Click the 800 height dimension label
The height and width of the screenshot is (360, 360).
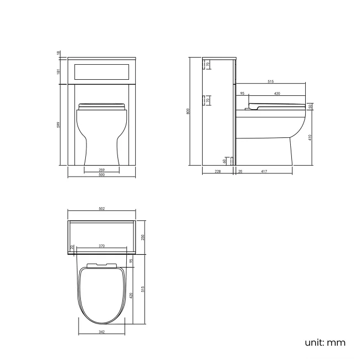pyautogui.click(x=188, y=111)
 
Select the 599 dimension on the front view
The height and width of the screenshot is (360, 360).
pyautogui.click(x=58, y=125)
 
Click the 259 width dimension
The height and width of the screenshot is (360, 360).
pyautogui.click(x=102, y=170)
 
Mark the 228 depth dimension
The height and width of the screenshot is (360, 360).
pyautogui.click(x=218, y=171)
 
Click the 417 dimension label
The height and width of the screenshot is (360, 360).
pyautogui.click(x=264, y=171)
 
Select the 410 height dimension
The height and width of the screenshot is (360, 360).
pyautogui.click(x=310, y=137)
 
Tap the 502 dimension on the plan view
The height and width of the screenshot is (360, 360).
pyautogui.click(x=102, y=209)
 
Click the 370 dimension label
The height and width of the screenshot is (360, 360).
pyautogui.click(x=102, y=245)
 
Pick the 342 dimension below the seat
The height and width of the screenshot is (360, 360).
pyautogui.click(x=102, y=332)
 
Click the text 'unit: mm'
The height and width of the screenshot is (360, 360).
pyautogui.click(x=325, y=342)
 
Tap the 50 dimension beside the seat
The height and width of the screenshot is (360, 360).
pyautogui.click(x=310, y=106)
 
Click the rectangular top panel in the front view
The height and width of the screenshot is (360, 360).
pyautogui.click(x=102, y=70)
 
